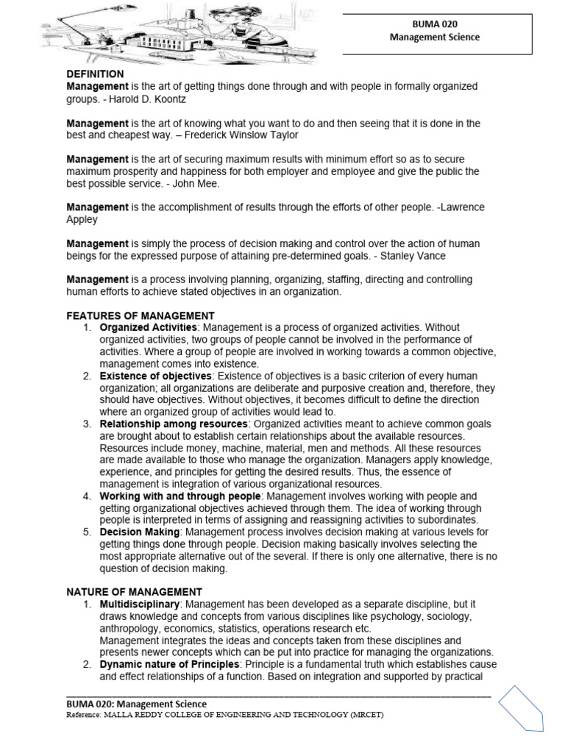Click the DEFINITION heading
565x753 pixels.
pyautogui.click(x=95, y=74)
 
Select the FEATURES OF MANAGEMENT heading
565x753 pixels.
pyautogui.click(x=141, y=315)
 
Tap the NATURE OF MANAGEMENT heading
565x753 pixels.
pyautogui.click(x=134, y=592)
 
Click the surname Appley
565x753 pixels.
pyautogui.click(x=82, y=219)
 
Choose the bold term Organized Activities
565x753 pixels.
pyautogui.click(x=148, y=327)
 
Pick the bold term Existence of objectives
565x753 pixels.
pyautogui.click(x=154, y=376)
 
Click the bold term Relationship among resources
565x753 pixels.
pyautogui.click(x=174, y=424)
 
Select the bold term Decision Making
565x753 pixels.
pyautogui.click(x=140, y=532)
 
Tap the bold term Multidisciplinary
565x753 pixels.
pyautogui.click(x=140, y=604)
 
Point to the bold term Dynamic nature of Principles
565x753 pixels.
pyautogui.click(x=169, y=664)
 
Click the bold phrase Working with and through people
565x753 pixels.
pyautogui.click(x=180, y=496)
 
